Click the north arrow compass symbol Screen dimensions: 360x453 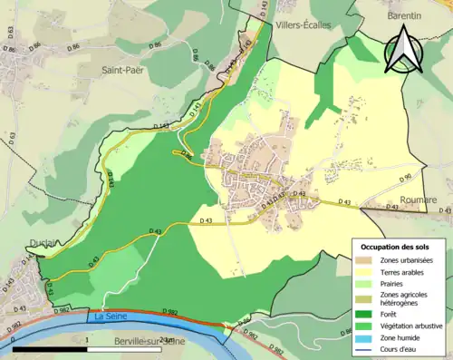coord(407,49)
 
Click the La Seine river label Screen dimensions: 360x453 coord(107,316)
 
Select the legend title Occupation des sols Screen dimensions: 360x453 coord(397,246)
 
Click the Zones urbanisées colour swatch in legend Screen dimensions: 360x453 coord(370,260)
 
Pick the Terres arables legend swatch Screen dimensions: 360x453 coord(370,271)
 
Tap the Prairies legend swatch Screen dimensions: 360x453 coord(370,282)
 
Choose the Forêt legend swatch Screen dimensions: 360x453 coord(370,313)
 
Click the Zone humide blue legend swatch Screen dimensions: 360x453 coord(370,335)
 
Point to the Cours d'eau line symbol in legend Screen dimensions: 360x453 coord(370,345)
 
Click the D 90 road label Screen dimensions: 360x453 coord(406,176)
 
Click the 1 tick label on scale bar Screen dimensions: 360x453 coord(86,339)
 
